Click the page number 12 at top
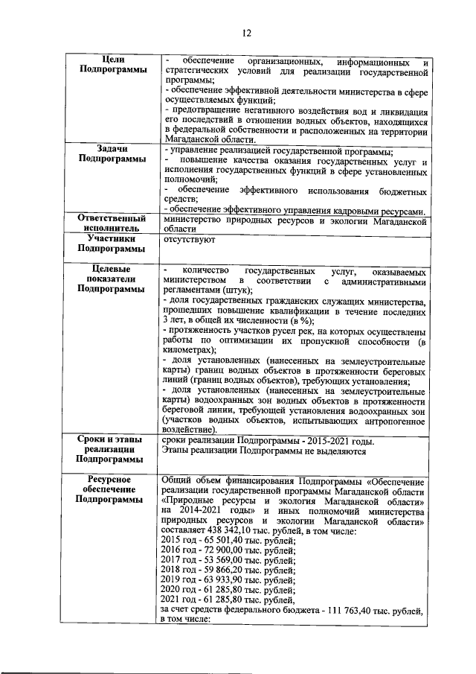tap(247, 32)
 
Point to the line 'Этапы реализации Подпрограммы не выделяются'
tap(263, 451)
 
